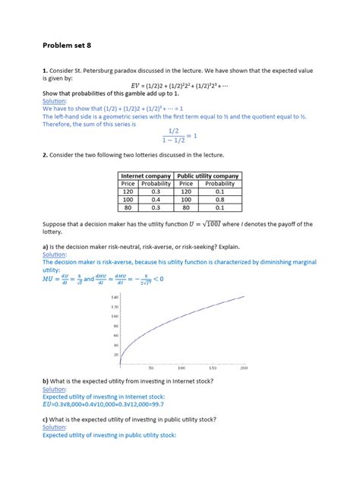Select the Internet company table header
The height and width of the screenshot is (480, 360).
pos(146,175)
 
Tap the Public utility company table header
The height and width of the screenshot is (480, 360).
pos(207,175)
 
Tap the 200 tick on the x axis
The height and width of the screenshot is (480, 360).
pos(243,367)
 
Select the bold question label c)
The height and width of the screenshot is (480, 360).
pos(46,419)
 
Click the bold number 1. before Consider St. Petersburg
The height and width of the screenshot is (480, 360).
pos(46,70)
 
